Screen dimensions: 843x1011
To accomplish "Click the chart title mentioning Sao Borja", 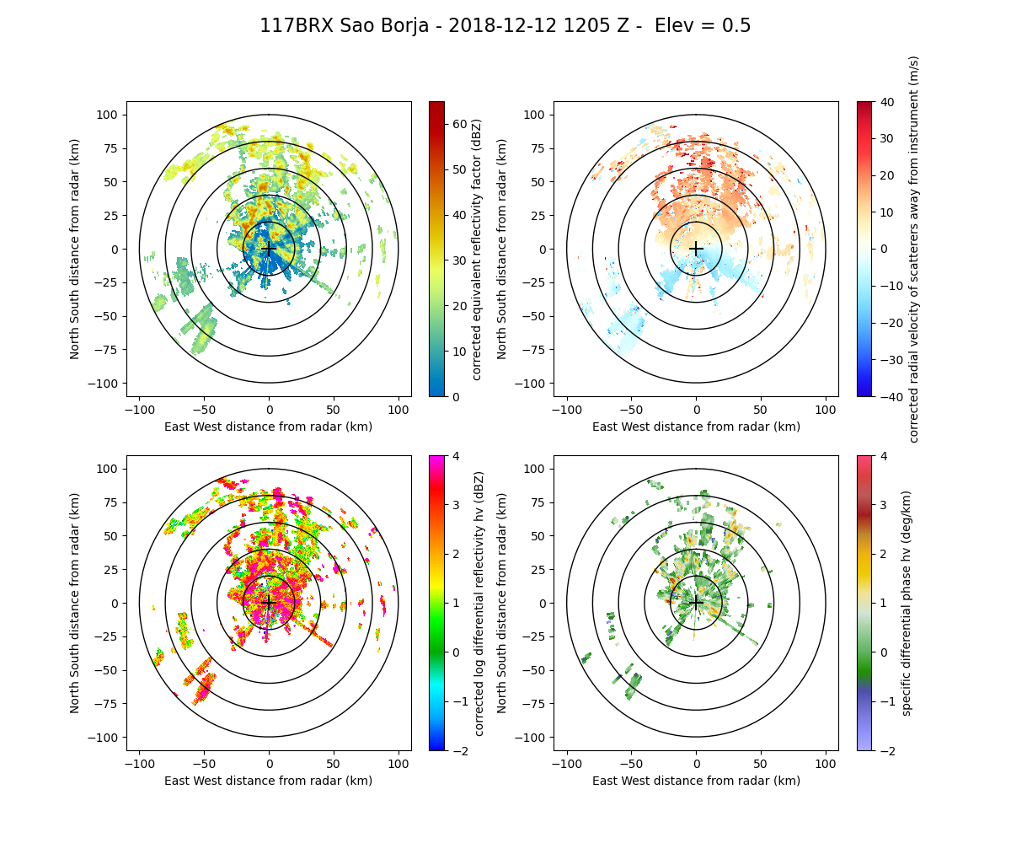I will click(505, 26).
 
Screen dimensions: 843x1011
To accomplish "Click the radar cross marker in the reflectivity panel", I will click(269, 249).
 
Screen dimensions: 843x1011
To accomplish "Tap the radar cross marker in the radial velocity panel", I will click(696, 249).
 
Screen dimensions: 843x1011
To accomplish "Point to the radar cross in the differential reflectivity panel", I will click(269, 603).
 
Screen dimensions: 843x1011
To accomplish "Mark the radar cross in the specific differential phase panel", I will click(696, 603).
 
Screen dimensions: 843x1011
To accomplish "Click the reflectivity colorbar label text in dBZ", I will click(477, 249).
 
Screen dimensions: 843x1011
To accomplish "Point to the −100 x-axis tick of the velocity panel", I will click(567, 410).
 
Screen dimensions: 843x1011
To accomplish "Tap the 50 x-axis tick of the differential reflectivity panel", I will click(334, 764).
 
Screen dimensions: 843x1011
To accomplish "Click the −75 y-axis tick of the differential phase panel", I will click(537, 704).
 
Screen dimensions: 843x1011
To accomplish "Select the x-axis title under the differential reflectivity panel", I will click(269, 781).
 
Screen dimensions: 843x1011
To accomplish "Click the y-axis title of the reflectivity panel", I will click(75, 249).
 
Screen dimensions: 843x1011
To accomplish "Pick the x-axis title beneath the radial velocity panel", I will click(696, 427).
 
